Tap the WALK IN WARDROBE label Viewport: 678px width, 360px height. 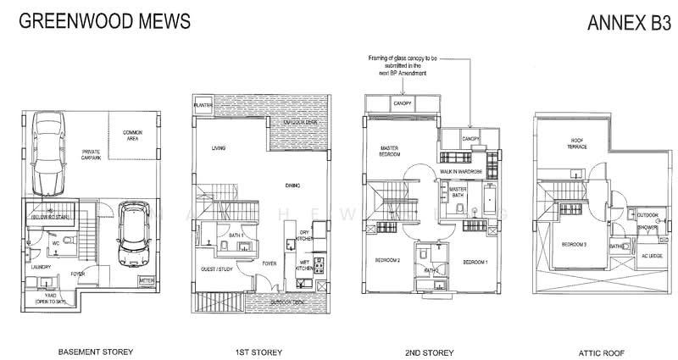pos(462,172)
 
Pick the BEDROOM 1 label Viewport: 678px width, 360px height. pos(475,263)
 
